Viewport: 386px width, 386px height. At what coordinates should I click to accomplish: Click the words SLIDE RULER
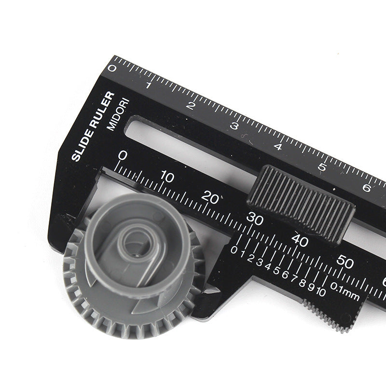pos(93,126)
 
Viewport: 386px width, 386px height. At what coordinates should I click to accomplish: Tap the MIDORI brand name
pos(118,114)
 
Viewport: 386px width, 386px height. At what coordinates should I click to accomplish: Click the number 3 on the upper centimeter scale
pos(234,126)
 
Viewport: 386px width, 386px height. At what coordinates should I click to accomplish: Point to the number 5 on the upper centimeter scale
pos(322,167)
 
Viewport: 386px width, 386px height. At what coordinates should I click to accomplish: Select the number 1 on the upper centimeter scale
pos(148,85)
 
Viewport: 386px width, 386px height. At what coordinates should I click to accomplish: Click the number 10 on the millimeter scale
pos(167,177)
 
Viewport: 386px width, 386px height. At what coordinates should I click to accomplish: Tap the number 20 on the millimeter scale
pos(210,197)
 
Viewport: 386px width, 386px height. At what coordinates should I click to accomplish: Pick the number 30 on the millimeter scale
pos(255,219)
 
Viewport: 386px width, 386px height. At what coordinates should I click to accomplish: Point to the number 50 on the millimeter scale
pos(345,262)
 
